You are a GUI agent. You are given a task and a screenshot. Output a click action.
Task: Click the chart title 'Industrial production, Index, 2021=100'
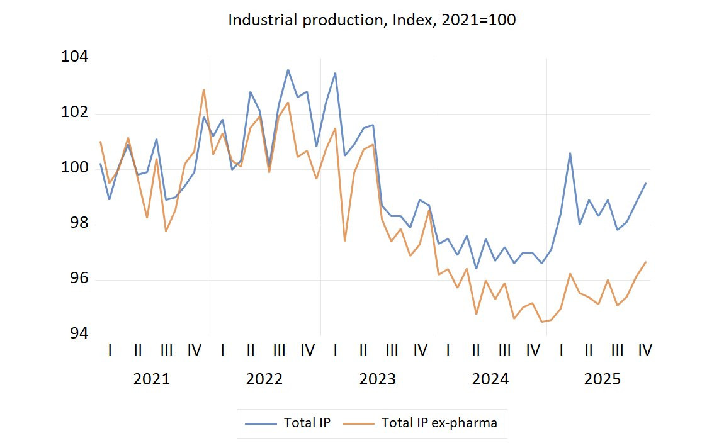coord(371,20)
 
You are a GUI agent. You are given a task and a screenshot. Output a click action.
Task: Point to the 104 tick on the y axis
coord(74,57)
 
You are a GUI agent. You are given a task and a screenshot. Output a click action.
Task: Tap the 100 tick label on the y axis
coord(74,169)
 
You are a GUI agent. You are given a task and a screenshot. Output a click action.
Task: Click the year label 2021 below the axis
coord(152,379)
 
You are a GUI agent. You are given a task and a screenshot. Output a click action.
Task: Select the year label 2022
coord(264,379)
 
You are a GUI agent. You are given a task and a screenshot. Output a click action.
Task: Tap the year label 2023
coord(377,379)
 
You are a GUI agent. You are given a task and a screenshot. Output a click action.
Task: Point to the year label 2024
coord(490,379)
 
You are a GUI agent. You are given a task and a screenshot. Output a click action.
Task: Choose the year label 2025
coord(603,379)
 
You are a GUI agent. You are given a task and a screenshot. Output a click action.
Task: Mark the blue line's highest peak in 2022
coord(288,70)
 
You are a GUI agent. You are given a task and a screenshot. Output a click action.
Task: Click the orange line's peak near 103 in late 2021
coord(203,89)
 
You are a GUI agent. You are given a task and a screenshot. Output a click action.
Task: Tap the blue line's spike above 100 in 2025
coord(570,153)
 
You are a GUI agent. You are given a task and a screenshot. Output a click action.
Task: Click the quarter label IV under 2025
coord(645,350)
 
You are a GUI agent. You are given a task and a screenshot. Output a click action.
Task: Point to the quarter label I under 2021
coord(110,350)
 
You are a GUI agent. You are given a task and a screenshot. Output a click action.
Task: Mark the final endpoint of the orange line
coord(645,262)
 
